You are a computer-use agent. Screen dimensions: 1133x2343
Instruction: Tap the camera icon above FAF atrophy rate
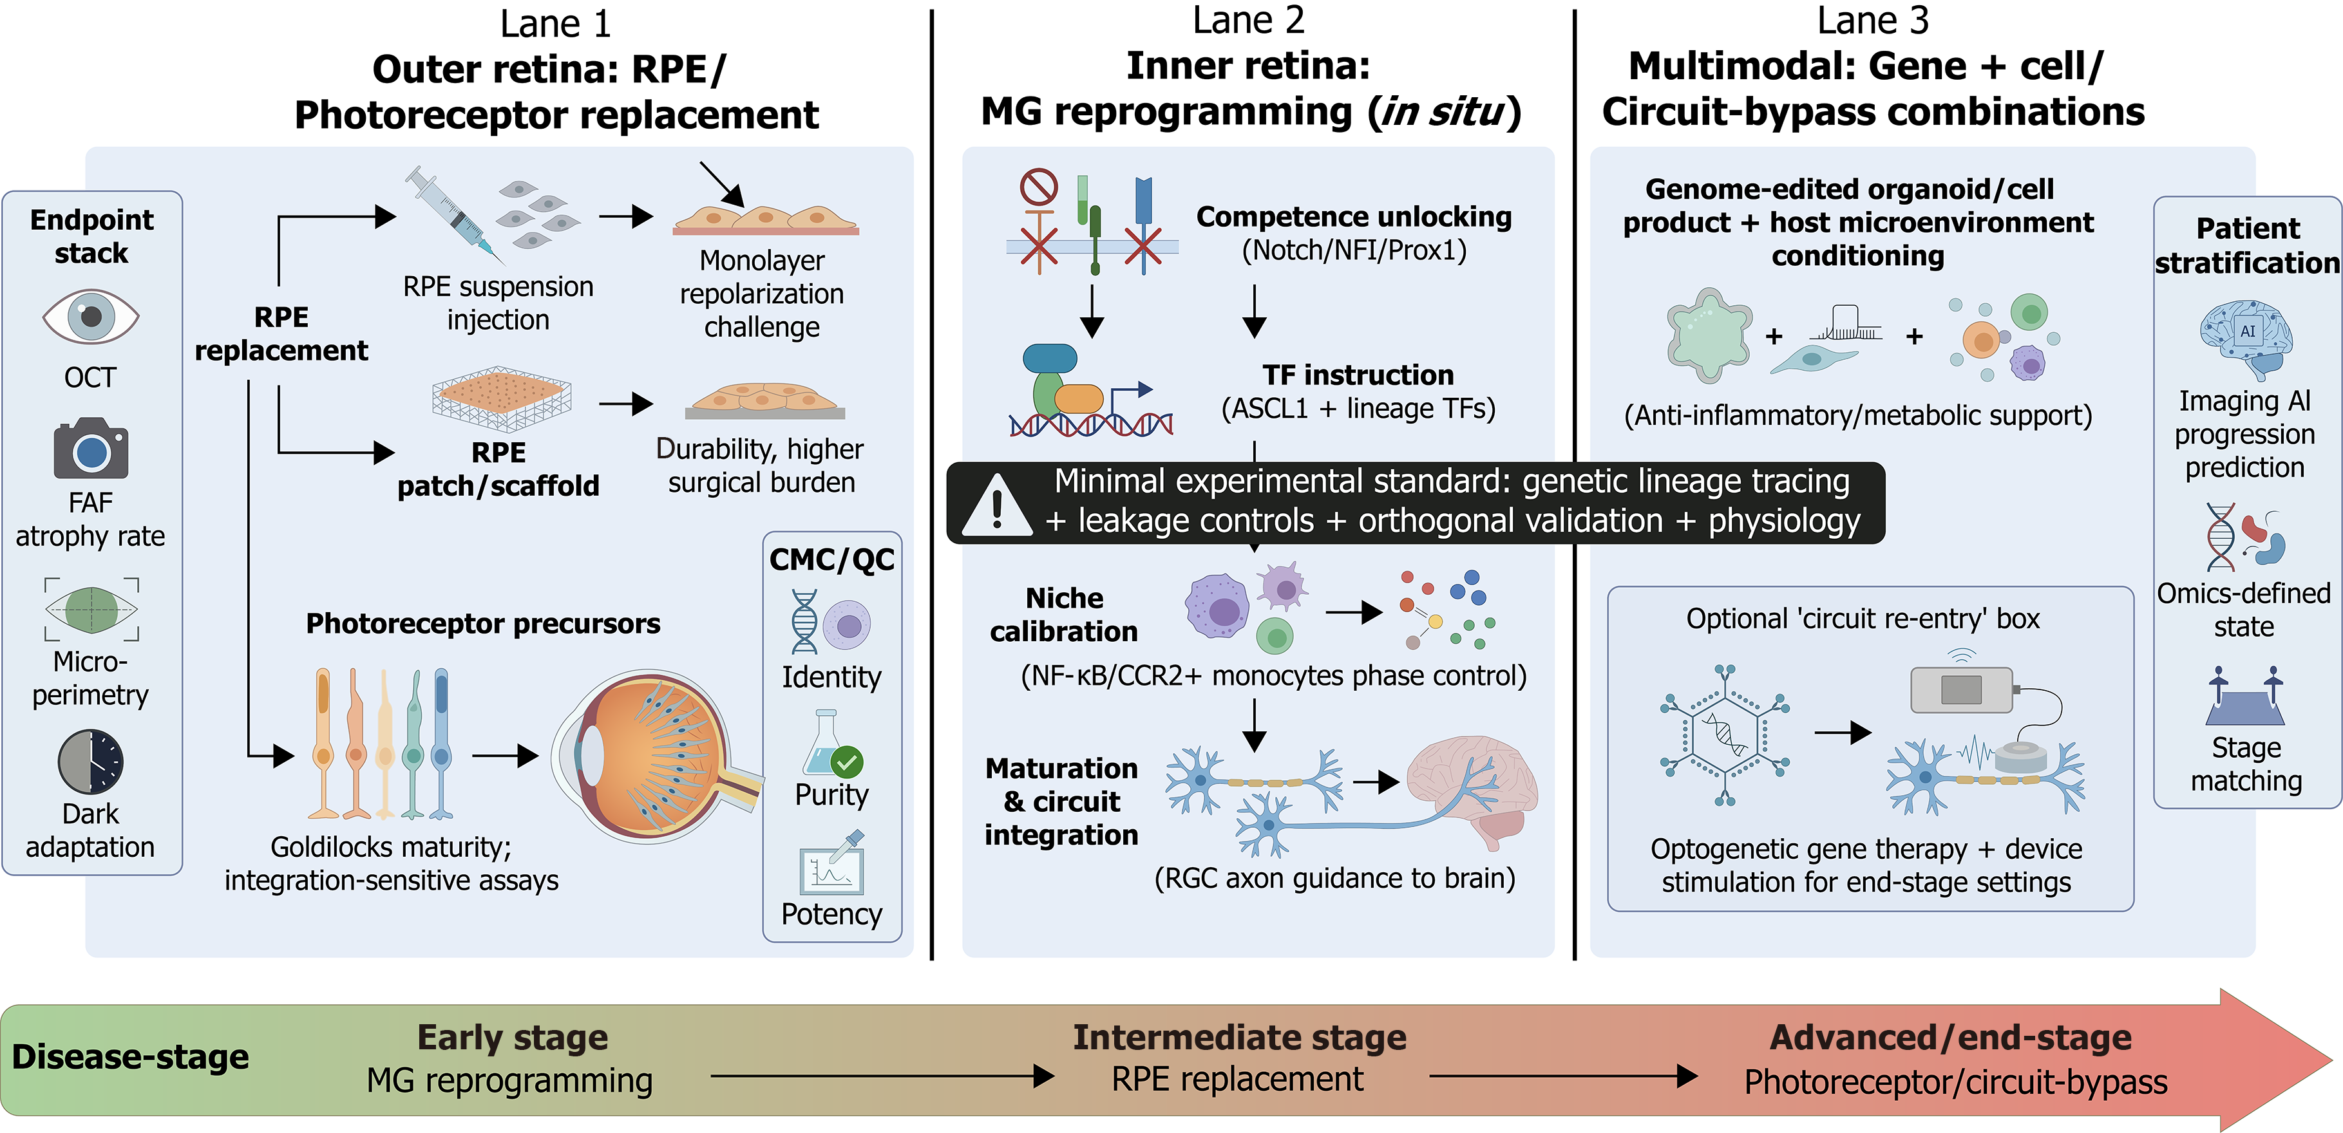click(x=91, y=449)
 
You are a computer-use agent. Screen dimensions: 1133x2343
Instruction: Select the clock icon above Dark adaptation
click(x=90, y=761)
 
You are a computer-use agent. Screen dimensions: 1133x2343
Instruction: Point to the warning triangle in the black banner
click(x=997, y=505)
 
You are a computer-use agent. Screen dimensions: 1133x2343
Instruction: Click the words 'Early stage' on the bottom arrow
click(x=512, y=1038)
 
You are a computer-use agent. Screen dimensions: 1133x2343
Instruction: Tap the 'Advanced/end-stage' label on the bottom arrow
click(x=1950, y=1038)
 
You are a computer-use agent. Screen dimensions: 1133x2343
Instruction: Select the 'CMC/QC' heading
click(x=831, y=559)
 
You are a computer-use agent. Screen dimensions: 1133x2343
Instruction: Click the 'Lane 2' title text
click(x=1248, y=20)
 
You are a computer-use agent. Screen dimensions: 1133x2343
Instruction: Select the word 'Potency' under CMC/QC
click(x=831, y=914)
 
